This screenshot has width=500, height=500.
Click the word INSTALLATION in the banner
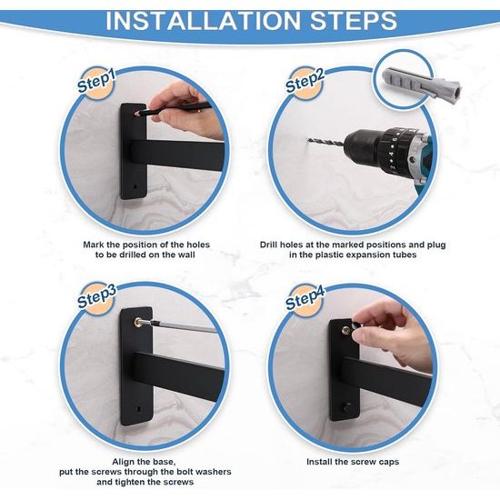tap(203, 21)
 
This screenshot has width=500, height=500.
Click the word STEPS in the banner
tap(354, 21)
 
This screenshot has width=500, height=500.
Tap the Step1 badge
tap(96, 82)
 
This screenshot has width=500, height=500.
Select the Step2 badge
tap(305, 82)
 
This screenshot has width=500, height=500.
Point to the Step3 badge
tap(97, 297)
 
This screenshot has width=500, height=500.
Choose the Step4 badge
tap(305, 299)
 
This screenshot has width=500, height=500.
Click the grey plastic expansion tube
tap(421, 85)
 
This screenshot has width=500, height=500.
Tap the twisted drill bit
tap(326, 143)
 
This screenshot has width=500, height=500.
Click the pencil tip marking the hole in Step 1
tap(137, 114)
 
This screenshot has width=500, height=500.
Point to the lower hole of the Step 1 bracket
tap(135, 185)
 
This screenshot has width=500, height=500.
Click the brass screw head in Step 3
tap(139, 323)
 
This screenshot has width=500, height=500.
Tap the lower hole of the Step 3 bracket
tap(139, 408)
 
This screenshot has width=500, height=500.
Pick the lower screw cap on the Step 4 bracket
tap(346, 407)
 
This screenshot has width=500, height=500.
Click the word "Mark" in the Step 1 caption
tap(94, 245)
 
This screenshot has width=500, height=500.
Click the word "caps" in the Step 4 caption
tap(389, 462)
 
